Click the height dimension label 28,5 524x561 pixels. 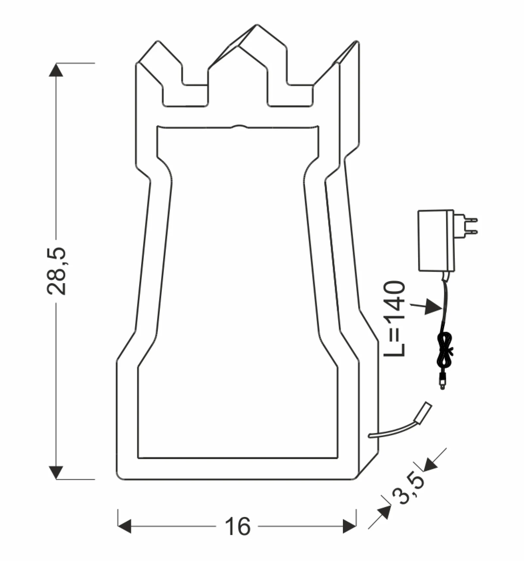pos(56,271)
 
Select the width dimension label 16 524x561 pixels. pos(237,527)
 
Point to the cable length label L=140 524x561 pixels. pos(394,319)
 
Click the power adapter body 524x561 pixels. pos(436,241)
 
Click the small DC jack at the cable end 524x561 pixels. pos(442,382)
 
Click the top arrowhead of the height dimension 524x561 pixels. pos(56,70)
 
